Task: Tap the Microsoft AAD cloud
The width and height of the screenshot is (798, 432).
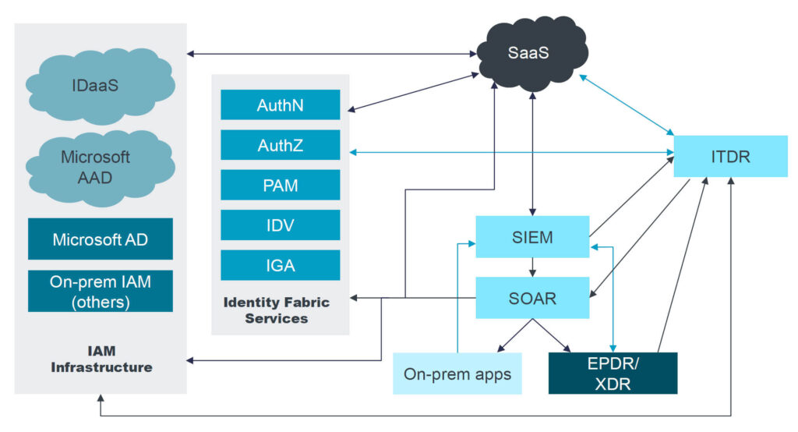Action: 97,167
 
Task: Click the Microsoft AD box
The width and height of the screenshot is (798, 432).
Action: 101,239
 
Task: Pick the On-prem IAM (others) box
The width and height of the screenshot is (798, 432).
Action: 101,292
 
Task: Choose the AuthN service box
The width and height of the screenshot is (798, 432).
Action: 280,104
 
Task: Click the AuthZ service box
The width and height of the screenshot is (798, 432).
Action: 280,145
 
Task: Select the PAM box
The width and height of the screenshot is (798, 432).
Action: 280,186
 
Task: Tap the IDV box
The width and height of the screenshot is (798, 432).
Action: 280,225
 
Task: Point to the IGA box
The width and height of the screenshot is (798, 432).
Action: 280,265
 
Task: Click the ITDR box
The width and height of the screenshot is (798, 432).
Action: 730,156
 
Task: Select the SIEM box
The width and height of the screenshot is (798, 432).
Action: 533,237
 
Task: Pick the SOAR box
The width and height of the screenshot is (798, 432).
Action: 533,298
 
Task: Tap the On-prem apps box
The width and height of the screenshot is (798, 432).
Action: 457,374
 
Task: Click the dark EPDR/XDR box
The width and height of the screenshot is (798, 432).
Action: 613,374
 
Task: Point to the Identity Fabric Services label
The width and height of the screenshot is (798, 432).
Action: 277,310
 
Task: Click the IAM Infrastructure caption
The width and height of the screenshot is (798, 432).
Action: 101,359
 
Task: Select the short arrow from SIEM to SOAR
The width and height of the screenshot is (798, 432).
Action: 533,267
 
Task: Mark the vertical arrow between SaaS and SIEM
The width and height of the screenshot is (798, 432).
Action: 533,156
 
